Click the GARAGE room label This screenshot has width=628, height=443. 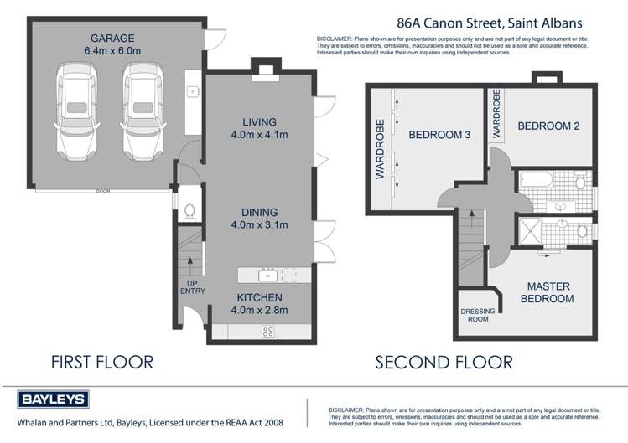115,38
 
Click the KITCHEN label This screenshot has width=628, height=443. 259,297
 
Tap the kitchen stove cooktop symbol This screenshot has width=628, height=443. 268,331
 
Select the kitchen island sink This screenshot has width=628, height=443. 269,276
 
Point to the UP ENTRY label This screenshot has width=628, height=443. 192,286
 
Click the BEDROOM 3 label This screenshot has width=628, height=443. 439,134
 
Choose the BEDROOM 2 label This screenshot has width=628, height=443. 548,126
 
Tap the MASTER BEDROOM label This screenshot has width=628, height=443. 547,292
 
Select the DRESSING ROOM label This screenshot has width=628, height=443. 480,315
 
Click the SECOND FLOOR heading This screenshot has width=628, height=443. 444,363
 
